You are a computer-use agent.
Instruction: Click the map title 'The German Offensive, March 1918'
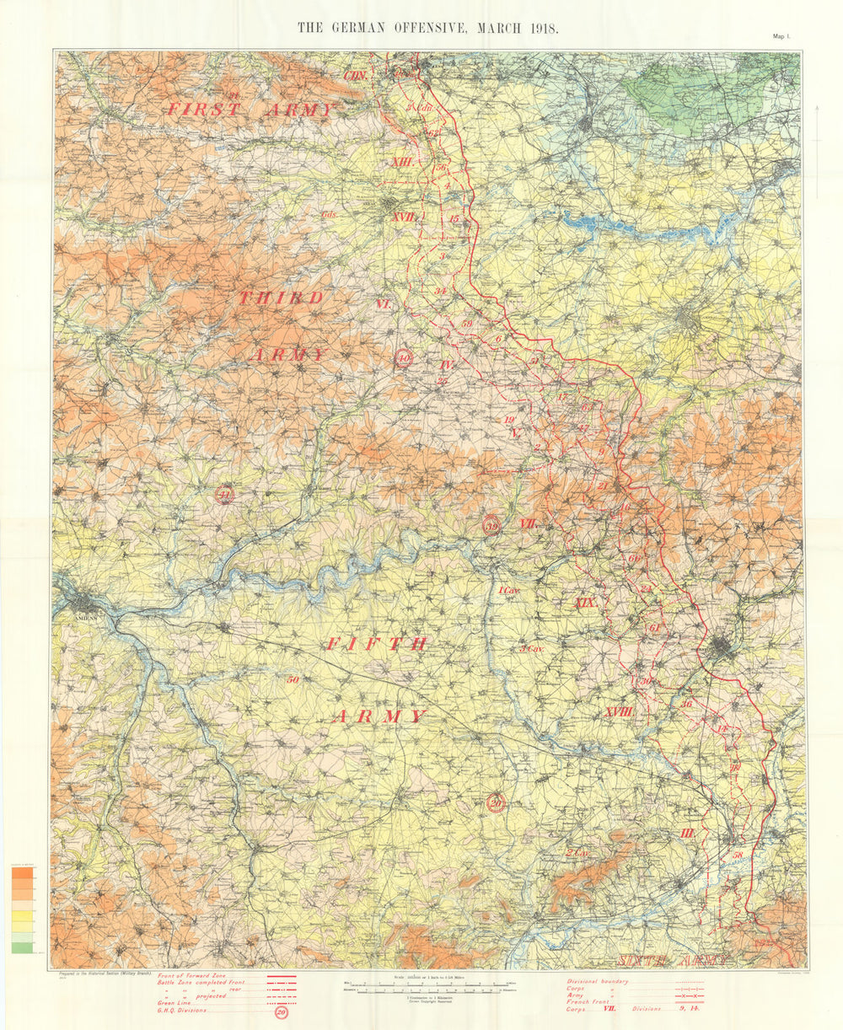point(427,26)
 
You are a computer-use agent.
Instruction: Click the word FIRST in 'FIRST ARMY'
point(204,110)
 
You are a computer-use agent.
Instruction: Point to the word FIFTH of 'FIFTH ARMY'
point(376,644)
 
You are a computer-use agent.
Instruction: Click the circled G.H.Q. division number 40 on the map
point(404,358)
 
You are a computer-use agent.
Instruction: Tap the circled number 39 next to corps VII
point(491,525)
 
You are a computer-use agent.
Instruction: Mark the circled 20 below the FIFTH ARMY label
point(497,803)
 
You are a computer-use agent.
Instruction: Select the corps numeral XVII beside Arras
point(404,217)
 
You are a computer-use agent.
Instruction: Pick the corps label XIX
point(584,603)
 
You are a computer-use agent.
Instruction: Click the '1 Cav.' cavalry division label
point(508,592)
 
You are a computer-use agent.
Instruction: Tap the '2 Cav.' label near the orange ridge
point(577,853)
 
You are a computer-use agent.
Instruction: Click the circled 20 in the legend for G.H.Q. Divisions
point(281,1012)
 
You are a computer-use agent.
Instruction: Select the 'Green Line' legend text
point(174,1003)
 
